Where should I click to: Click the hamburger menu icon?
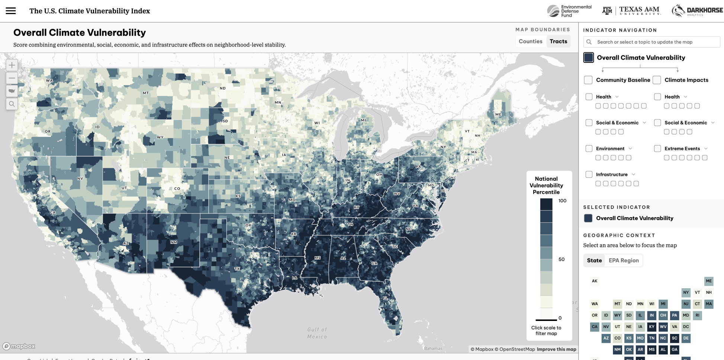point(11,11)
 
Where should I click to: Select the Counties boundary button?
point(530,41)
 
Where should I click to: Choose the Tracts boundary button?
point(558,41)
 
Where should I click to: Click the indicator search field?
point(651,42)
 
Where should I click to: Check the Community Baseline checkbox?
point(588,80)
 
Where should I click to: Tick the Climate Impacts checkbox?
point(657,80)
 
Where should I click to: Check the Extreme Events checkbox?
point(657,148)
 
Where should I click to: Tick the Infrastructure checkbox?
point(589,174)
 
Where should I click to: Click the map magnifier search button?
point(12,104)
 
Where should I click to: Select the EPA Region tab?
point(624,260)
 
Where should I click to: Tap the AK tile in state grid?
point(595,281)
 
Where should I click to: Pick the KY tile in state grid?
point(651,327)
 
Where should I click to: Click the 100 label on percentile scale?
point(562,201)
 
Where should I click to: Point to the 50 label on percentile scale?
point(561,259)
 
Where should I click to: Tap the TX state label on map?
point(237,269)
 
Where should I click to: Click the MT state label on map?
point(146,93)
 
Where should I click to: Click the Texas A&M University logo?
point(631,11)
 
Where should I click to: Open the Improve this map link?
point(556,349)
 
